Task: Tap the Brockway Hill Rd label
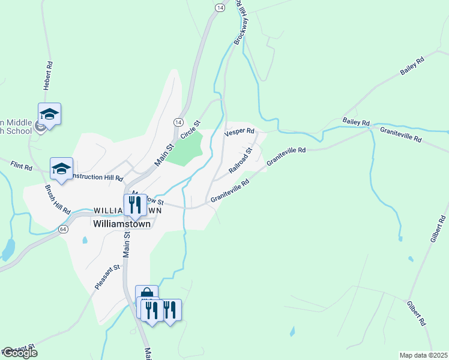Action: pyautogui.click(x=240, y=22)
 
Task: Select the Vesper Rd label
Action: pyautogui.click(x=239, y=131)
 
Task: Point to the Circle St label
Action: pyautogui.click(x=190, y=127)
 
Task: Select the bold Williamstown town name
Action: pyautogui.click(x=122, y=223)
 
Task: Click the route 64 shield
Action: pyautogui.click(x=63, y=229)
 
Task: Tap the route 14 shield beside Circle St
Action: pyautogui.click(x=178, y=122)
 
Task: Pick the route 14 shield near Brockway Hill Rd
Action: pyautogui.click(x=220, y=7)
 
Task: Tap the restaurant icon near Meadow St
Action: pyautogui.click(x=135, y=205)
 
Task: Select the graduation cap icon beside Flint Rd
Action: pyautogui.click(x=61, y=169)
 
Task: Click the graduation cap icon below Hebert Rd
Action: pyautogui.click(x=50, y=113)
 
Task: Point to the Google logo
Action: pyautogui.click(x=19, y=353)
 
